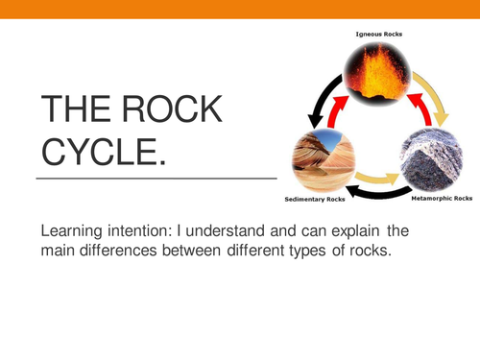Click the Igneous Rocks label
coord(379,34)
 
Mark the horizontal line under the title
coord(156,178)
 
